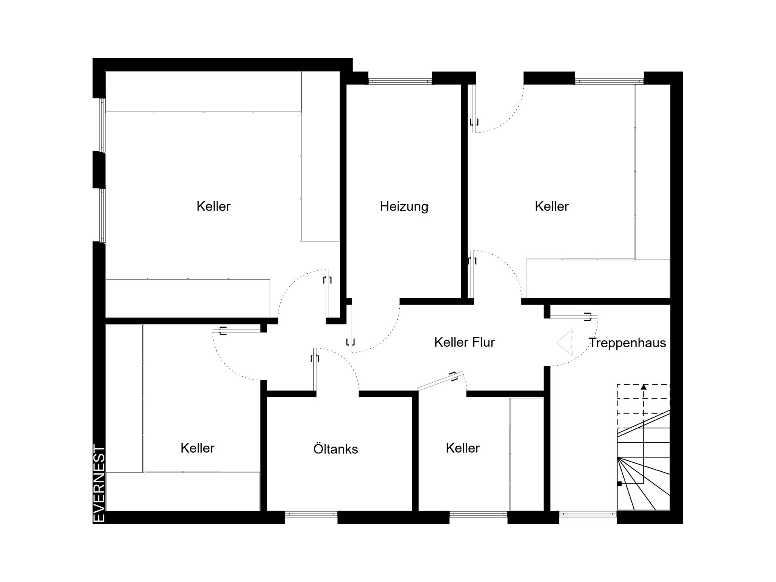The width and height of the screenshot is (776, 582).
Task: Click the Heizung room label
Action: click(404, 207)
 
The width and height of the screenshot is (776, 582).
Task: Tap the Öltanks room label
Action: click(335, 449)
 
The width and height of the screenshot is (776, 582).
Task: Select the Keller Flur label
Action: click(464, 342)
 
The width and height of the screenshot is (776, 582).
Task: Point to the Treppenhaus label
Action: click(627, 343)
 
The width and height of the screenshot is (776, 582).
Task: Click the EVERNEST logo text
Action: click(99, 483)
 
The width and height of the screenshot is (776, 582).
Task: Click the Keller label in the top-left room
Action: click(213, 207)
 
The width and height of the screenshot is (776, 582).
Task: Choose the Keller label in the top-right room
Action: click(552, 207)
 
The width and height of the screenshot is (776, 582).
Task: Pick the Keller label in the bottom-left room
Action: click(197, 448)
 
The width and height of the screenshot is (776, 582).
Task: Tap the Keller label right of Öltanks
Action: click(462, 448)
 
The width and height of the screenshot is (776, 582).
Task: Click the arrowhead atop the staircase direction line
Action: click(643, 387)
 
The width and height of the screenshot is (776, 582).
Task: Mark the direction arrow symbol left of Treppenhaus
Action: click(565, 342)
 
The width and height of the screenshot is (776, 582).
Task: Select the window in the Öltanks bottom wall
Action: click(311, 514)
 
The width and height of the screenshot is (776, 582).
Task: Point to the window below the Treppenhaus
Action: click(588, 514)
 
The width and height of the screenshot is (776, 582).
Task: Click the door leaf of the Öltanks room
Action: click(315, 372)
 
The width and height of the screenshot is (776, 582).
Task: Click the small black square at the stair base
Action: click(619, 483)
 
